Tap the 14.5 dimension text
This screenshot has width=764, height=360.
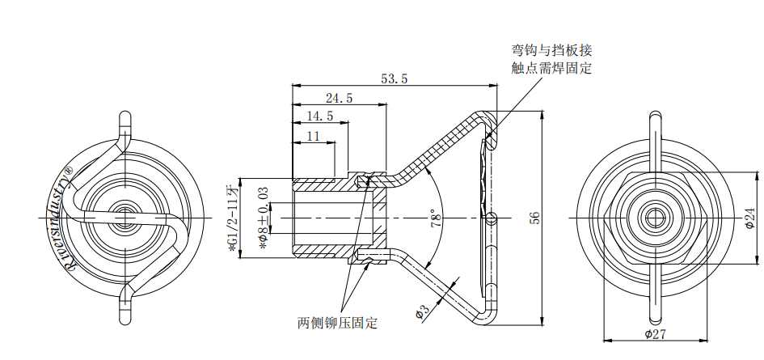[x=320, y=117]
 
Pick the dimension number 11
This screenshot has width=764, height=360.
[x=314, y=137]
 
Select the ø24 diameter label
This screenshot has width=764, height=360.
[x=749, y=218]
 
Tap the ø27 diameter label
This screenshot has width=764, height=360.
[x=655, y=334]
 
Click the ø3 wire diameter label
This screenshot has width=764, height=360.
[x=422, y=311]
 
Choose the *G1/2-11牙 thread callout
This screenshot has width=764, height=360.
[x=234, y=218]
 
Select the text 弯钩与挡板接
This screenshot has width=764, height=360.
[x=552, y=50]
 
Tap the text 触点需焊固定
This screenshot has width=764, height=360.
[x=552, y=68]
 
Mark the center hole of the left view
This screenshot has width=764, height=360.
[x=127, y=217]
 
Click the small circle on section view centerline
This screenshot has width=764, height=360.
[x=491, y=217]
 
